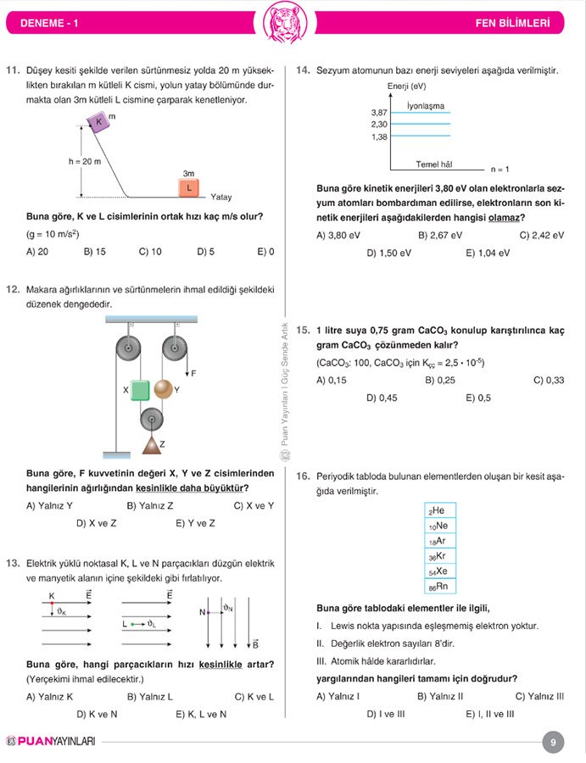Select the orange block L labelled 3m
tap(188, 187)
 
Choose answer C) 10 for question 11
tap(150, 252)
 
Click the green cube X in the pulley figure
tap(140, 389)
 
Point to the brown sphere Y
tap(162, 390)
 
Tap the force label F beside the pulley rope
tap(193, 373)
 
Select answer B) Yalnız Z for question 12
tap(150, 506)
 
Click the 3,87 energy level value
tap(379, 113)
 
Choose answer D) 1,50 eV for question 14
tap(389, 253)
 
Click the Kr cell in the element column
tap(440, 556)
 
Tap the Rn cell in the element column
tap(440, 587)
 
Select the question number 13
tap(13, 563)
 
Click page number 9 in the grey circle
tap(552, 743)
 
